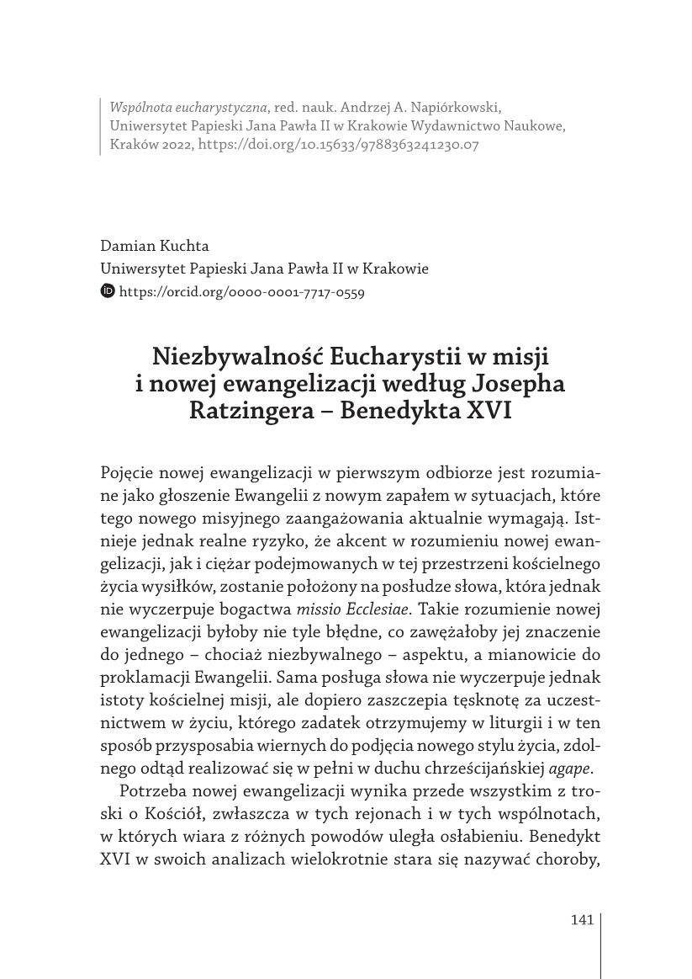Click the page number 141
(582, 919)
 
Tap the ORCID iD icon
(108, 292)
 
